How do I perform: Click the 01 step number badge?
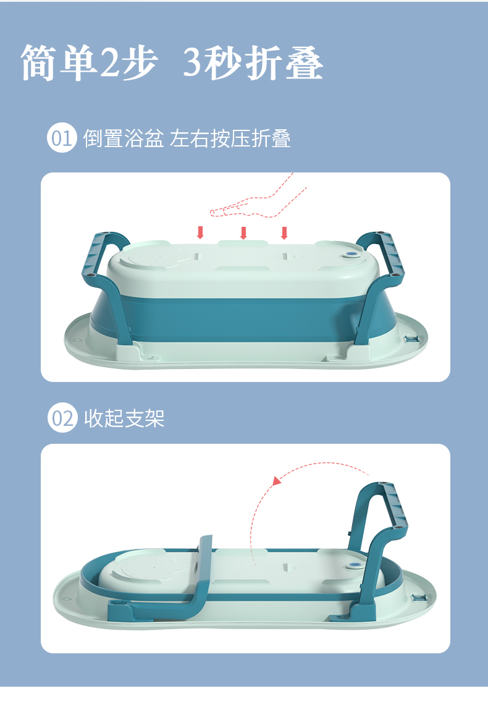62,137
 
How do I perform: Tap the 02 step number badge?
62,418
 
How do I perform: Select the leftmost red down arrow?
201,232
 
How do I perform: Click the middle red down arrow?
243,232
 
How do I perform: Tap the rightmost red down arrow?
284,232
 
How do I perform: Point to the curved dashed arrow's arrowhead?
277,481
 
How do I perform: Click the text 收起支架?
124,418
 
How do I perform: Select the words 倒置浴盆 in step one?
124,138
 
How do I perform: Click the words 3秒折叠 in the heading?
253,62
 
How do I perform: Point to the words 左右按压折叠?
230,138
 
